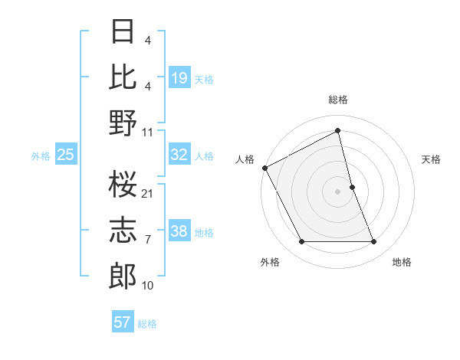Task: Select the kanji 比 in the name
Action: coord(123,77)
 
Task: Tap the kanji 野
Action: coord(123,123)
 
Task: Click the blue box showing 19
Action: coord(179,78)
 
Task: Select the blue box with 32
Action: coord(179,155)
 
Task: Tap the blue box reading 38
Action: coord(179,232)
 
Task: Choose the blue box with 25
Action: coord(66,155)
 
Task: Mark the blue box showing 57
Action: coord(123,322)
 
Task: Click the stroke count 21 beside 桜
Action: coord(148,193)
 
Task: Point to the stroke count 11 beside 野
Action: coord(148,132)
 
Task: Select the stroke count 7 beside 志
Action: coord(148,240)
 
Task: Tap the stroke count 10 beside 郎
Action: coord(148,286)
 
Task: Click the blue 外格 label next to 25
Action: coord(41,156)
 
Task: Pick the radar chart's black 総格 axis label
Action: coord(338,100)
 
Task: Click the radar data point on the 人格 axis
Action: coord(264,167)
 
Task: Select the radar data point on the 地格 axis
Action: coord(373,242)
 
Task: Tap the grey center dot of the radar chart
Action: coord(337,191)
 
